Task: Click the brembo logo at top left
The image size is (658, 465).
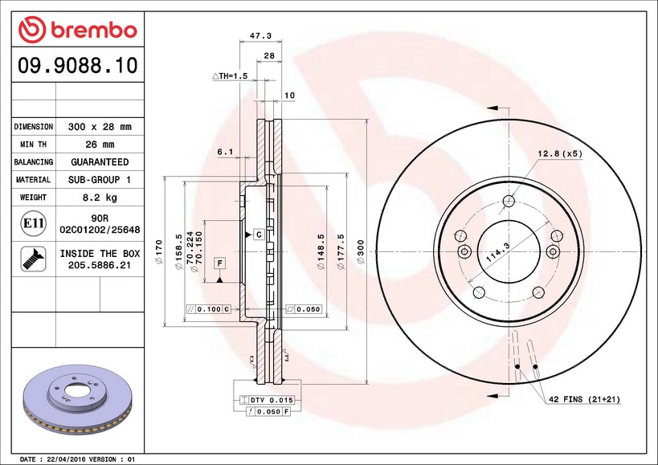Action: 78,30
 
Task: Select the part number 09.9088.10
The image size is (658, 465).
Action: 78,65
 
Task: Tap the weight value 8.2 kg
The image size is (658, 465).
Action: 100,197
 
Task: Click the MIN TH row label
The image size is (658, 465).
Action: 33,145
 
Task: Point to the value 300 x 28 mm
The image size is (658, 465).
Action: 100,127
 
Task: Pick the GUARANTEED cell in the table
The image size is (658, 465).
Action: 100,162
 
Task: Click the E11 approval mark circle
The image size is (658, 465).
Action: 33,223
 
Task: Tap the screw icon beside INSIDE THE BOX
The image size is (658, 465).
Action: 33,259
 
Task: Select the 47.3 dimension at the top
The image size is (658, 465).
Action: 260,35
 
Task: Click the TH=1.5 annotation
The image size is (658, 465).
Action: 230,75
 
